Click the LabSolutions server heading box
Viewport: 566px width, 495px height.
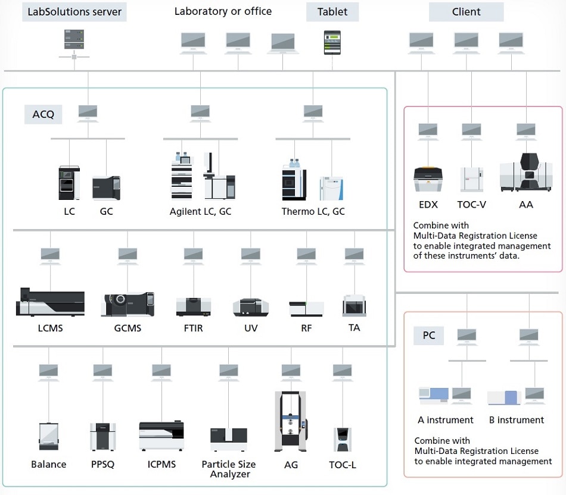click(x=74, y=11)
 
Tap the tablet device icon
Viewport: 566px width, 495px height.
click(x=332, y=42)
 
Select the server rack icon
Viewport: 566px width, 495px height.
click(x=73, y=40)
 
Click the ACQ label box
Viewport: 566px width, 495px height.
click(x=43, y=114)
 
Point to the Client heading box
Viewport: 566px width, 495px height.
click(x=466, y=11)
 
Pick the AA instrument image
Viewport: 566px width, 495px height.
click(x=526, y=173)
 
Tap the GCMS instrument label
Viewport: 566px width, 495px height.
click(x=127, y=328)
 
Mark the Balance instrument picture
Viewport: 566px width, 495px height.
click(x=49, y=437)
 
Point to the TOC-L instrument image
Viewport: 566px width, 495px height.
click(x=342, y=440)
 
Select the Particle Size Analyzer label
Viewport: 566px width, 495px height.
click(x=229, y=469)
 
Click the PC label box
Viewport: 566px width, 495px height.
click(x=429, y=336)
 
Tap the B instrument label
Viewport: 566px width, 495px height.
click(x=517, y=420)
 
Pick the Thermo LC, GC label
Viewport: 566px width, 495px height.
click(x=313, y=211)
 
